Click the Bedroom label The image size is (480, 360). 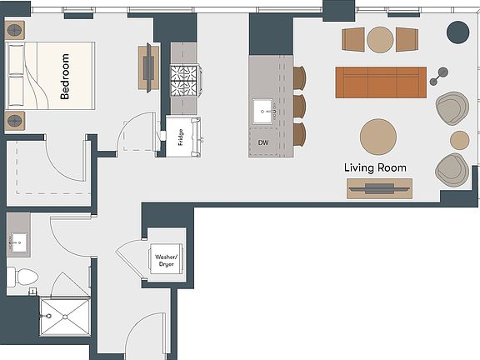pyautogui.click(x=66, y=77)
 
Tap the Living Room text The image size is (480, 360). pyautogui.click(x=376, y=167)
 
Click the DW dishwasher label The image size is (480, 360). pyautogui.click(x=263, y=142)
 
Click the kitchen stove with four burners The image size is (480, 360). pyautogui.click(x=182, y=81)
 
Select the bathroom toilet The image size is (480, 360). pyautogui.click(x=23, y=275)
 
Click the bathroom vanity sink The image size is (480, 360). pyautogui.click(x=19, y=242)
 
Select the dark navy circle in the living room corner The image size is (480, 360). pyautogui.click(x=457, y=32)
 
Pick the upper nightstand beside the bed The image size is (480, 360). pyautogui.click(x=16, y=30)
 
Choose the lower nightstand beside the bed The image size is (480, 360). pyautogui.click(x=16, y=119)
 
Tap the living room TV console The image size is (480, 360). pyautogui.click(x=379, y=188)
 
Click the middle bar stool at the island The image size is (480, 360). pyautogui.click(x=299, y=106)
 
